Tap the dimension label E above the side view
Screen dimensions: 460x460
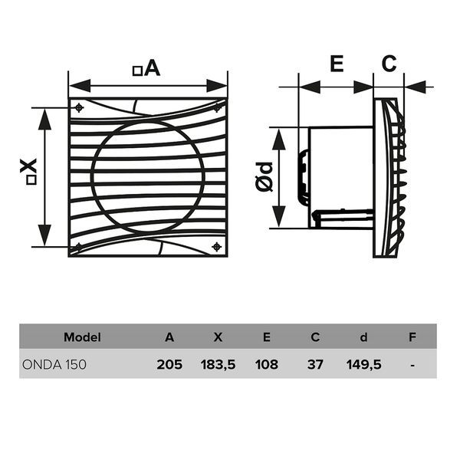point(337,64)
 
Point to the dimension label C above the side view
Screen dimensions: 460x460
point(389,64)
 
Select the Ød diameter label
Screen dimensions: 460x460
point(264,177)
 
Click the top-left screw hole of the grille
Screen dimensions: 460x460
point(79,108)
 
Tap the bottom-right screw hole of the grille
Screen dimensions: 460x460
point(216,247)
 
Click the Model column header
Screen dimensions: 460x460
point(82,337)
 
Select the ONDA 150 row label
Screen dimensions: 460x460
point(54,365)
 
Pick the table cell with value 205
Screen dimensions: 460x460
point(169,365)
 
